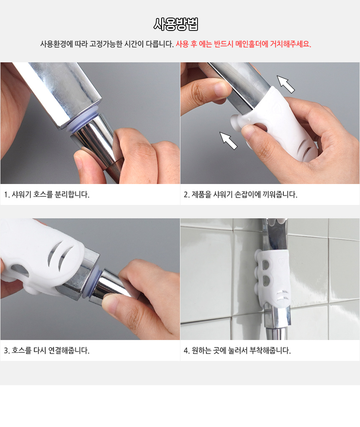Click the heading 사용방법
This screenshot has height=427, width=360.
pos(176,24)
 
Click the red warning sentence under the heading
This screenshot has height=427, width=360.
pos(243,44)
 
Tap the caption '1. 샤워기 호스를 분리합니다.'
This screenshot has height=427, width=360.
pos(46,194)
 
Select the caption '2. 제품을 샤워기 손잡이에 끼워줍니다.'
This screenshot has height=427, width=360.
pos(240,194)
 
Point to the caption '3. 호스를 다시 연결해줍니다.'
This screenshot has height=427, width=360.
pos(46,350)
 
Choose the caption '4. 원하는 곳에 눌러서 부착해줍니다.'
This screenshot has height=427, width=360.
pos(237,350)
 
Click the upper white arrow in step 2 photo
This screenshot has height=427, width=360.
pos(285,84)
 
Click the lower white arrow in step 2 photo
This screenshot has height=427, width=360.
pos(229,141)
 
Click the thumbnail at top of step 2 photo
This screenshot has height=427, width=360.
pos(220,90)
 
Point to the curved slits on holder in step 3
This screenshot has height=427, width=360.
pos(61,256)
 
